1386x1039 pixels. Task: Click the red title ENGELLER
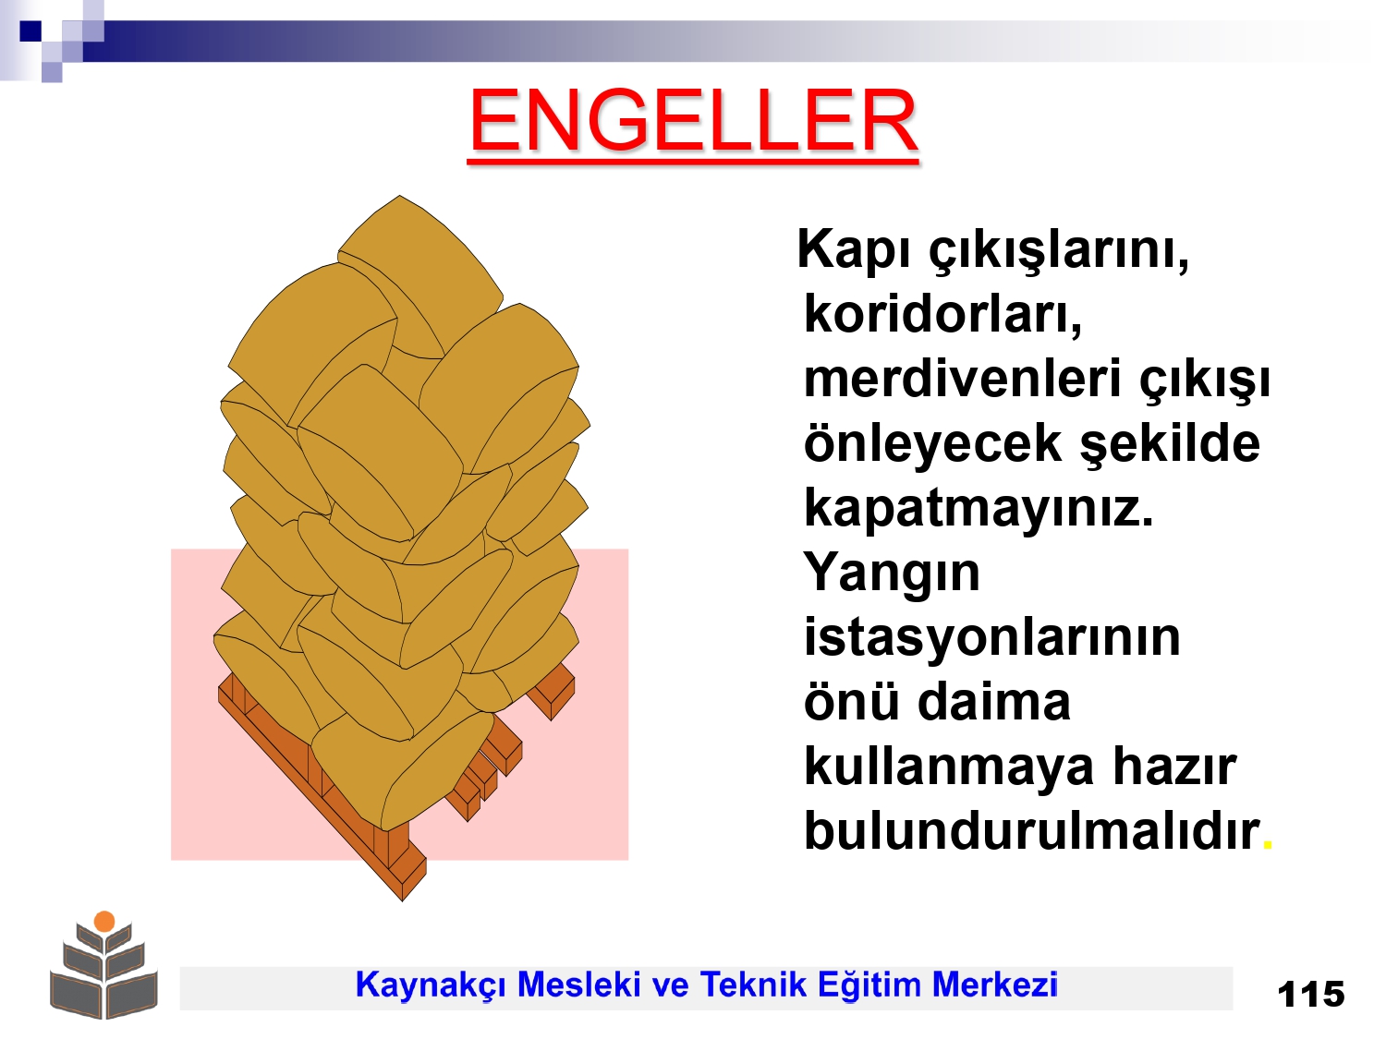point(693,121)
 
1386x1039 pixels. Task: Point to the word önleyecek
point(932,446)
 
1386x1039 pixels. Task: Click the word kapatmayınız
point(979,510)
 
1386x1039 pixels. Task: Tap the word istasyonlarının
point(992,637)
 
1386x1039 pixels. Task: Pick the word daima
point(994,702)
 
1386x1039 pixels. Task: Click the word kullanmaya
point(949,767)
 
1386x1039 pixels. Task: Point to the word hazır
point(1174,767)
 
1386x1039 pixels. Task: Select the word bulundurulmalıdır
point(1032,831)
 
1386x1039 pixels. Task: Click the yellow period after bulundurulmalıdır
point(1267,846)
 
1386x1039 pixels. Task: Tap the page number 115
point(1311,995)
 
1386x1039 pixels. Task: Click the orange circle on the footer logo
point(104,921)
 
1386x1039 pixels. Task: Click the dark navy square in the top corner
point(30,30)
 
